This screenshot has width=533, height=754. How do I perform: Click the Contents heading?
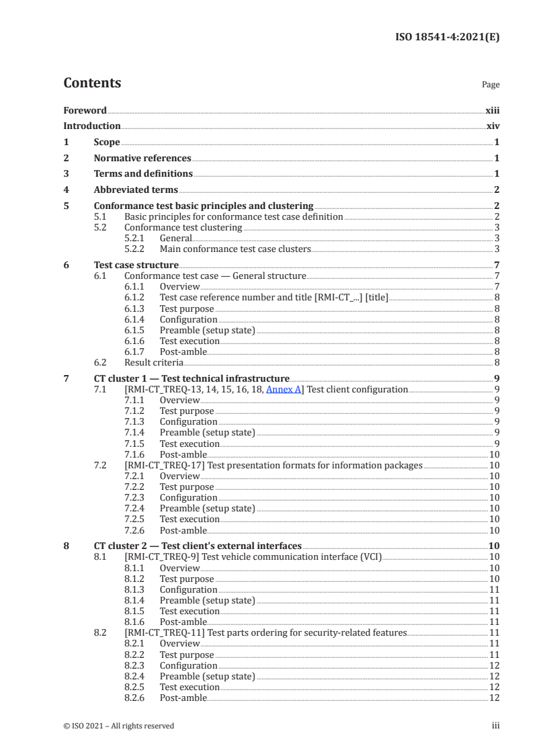click(92, 83)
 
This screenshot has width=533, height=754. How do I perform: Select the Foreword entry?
click(85, 110)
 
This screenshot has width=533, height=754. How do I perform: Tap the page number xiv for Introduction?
click(493, 126)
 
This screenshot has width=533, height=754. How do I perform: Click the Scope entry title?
click(107, 142)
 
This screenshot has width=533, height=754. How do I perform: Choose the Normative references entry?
click(142, 158)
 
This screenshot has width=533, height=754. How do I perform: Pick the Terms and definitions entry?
click(143, 174)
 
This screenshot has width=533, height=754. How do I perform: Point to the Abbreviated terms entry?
click(136, 190)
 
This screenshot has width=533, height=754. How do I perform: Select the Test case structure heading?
click(136, 265)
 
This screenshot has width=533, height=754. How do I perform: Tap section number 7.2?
click(101, 465)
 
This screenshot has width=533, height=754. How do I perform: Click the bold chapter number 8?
click(66, 546)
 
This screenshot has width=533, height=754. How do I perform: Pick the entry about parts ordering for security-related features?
click(265, 633)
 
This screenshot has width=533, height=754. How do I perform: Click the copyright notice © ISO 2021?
click(118, 726)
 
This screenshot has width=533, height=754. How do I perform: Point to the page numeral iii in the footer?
click(495, 726)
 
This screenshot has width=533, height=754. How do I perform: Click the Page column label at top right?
click(490, 85)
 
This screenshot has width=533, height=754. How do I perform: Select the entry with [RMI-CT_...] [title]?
click(274, 297)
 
